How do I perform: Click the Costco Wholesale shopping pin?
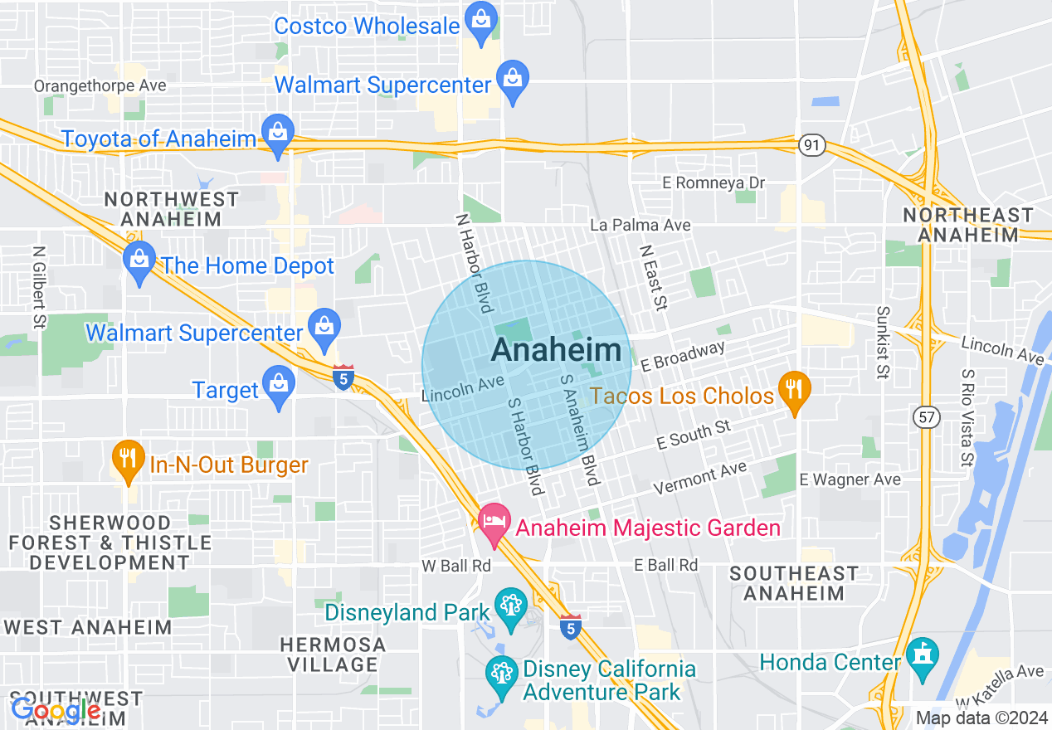(480, 22)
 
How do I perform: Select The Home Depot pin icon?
(139, 262)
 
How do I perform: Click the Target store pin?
(278, 387)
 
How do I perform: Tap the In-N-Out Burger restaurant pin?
(128, 461)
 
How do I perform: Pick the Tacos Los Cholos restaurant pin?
(795, 392)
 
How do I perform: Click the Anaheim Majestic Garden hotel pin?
(494, 524)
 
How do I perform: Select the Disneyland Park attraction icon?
(509, 609)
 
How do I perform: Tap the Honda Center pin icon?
(922, 659)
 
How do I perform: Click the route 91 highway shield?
(812, 145)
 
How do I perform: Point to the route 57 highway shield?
(927, 417)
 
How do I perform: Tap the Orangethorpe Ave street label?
(100, 85)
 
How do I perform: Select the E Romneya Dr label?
(713, 182)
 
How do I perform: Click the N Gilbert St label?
(38, 286)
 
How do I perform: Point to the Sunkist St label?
(882, 341)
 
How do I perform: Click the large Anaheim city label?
(556, 350)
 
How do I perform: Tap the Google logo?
(56, 710)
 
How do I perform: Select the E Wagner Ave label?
(850, 479)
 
